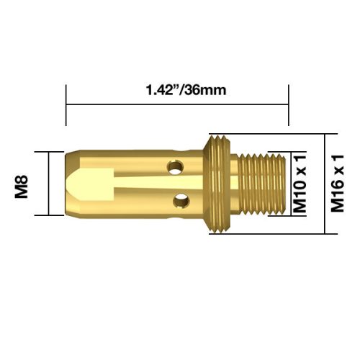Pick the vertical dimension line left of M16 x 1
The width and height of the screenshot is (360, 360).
click(x=323, y=184)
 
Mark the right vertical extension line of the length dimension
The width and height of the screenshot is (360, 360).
click(x=288, y=115)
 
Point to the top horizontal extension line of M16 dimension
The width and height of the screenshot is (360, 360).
click(x=274, y=134)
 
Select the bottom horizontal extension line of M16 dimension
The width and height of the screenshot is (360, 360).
click(x=274, y=233)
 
